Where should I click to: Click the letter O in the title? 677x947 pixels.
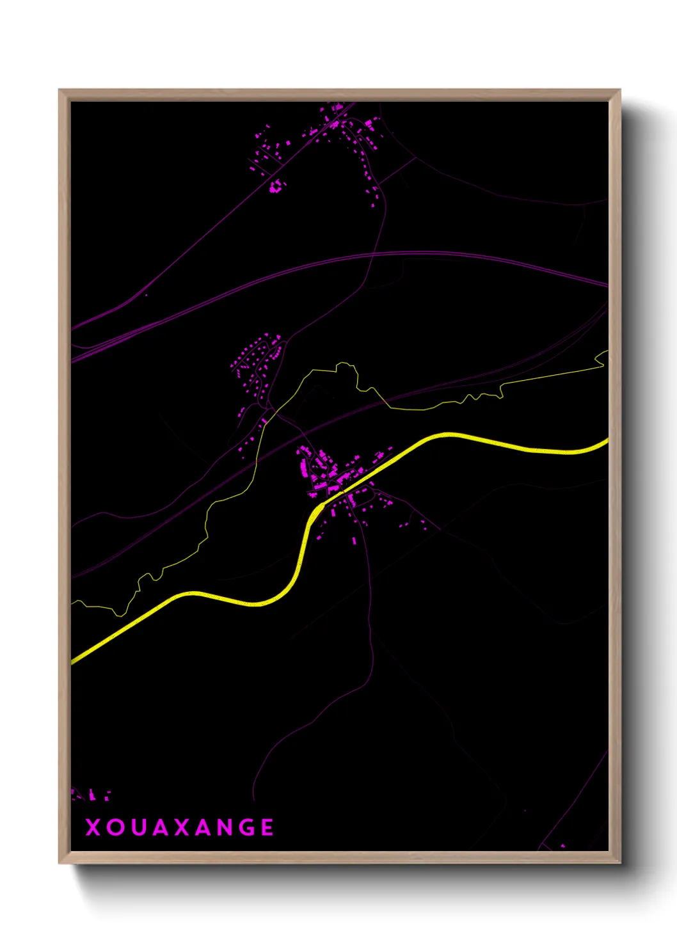116,827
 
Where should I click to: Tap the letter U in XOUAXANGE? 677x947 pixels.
139,827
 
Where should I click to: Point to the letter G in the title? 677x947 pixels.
244,827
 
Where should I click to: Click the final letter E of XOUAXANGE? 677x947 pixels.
267,827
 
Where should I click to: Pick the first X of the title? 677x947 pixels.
93,827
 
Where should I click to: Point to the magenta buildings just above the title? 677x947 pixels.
91,795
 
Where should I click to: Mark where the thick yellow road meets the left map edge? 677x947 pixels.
72,661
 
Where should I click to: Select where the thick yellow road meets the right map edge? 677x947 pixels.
607,440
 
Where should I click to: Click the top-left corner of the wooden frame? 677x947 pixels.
60,90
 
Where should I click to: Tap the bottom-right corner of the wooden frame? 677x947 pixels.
619,863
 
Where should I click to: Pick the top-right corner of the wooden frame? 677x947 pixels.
619,90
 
